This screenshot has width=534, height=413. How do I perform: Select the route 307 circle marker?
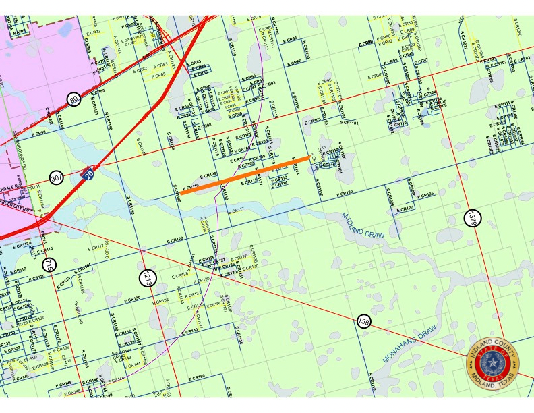[56, 177]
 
